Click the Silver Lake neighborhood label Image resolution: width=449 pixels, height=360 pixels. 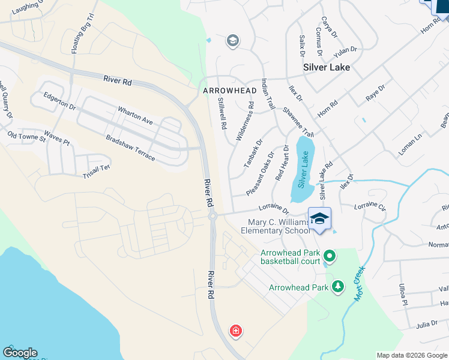pos(327,68)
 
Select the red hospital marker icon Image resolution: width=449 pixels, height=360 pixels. pos(236,331)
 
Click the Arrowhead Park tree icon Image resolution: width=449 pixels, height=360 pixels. pos(338,287)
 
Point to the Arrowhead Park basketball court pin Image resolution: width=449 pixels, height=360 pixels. pos(329,257)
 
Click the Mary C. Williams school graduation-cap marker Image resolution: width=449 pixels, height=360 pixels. pos(320,218)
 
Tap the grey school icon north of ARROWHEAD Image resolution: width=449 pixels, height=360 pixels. pos(232,41)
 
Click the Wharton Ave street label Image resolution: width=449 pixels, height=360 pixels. pos(136,114)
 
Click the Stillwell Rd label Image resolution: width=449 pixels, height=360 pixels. pos(221,114)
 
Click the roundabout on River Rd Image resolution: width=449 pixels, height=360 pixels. pos(212,215)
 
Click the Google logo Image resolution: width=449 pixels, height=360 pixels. pos(20,353)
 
